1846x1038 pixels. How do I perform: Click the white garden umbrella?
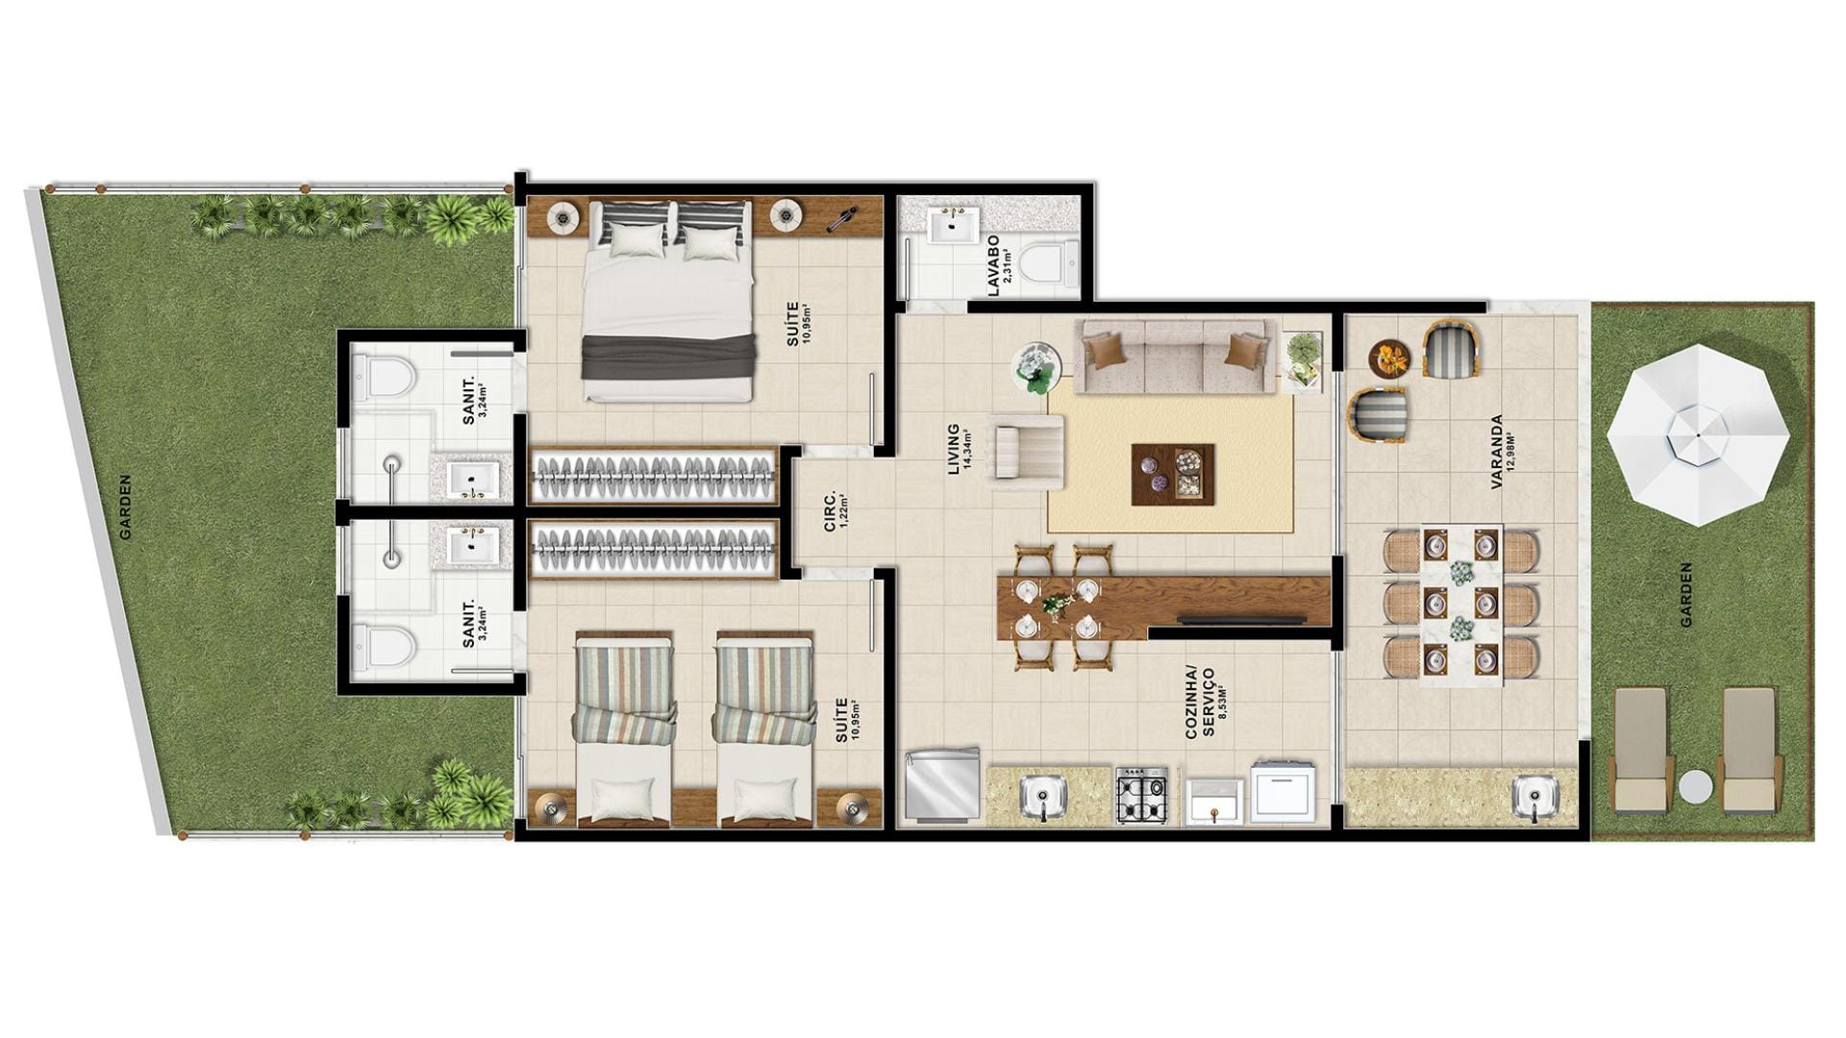1698,434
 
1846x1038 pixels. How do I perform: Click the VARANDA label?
1496,452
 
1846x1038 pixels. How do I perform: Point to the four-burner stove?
1141,796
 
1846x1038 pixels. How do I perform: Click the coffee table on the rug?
1173,474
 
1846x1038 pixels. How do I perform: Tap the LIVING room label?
954,449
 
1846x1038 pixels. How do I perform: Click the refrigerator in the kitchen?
942,785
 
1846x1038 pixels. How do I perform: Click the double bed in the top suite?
666,302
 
